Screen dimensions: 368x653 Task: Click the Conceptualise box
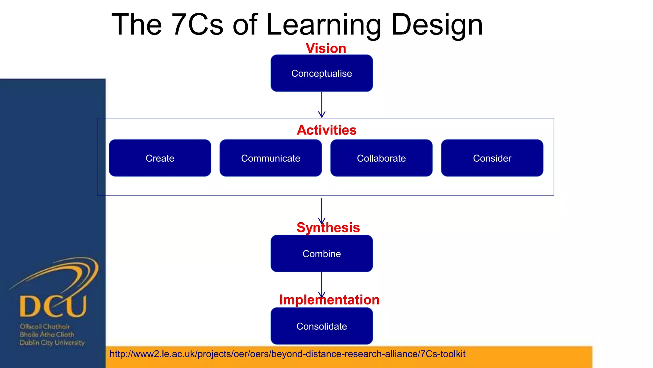(x=321, y=73)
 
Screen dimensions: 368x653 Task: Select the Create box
(x=160, y=158)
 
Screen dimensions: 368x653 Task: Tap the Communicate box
(x=270, y=158)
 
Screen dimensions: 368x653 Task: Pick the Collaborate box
(x=381, y=158)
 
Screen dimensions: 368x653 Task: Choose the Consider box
(x=492, y=158)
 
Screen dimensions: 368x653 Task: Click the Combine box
(x=321, y=254)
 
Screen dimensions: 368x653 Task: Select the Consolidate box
(x=321, y=326)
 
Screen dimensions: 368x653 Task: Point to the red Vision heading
(x=326, y=49)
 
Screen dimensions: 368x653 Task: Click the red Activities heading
(x=326, y=130)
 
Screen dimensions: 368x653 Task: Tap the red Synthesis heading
(x=328, y=228)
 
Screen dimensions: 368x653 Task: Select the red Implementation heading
(x=329, y=300)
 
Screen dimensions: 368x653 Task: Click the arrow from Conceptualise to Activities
(x=322, y=105)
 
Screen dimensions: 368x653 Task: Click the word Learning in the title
(x=323, y=25)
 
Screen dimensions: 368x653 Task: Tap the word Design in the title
(x=437, y=25)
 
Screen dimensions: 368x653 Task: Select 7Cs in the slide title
(x=197, y=25)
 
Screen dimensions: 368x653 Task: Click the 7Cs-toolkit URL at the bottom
(x=287, y=354)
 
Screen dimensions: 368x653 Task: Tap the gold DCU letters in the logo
(x=53, y=306)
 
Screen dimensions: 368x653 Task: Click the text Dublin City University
(x=52, y=343)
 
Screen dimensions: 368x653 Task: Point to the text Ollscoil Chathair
(x=45, y=326)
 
